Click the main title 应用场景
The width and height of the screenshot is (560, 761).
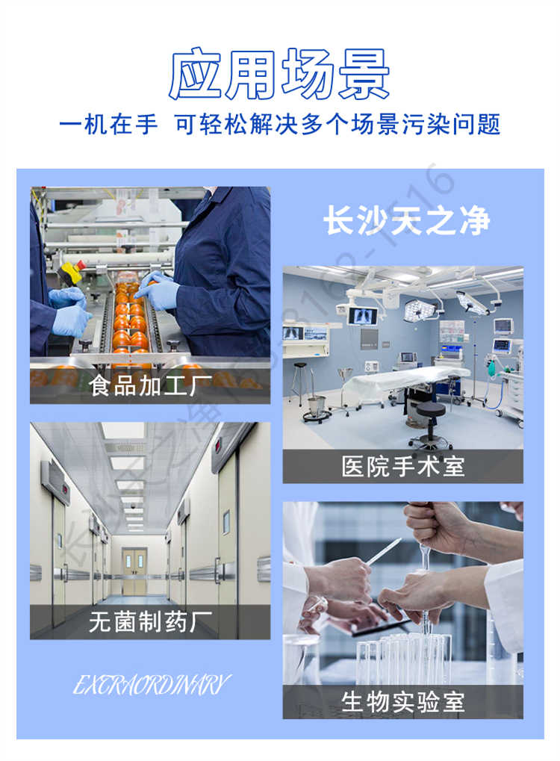pos(279,74)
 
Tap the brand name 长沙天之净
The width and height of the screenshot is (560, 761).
pos(406,221)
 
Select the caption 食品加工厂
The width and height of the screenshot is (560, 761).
pos(149,386)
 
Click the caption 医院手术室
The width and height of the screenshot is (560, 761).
pos(403,466)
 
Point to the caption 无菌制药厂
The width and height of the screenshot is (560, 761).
pos(149,621)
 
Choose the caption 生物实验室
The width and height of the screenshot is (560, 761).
pos(403,701)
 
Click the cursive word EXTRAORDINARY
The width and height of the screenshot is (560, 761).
pos(152,684)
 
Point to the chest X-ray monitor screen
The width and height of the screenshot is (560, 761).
pos(363,314)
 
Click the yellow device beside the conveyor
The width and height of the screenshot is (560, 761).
pos(71,273)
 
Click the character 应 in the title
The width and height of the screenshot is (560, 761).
pos(196,74)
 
